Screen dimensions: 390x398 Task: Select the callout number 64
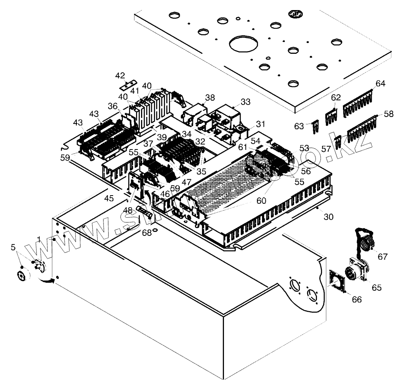tap(381, 84)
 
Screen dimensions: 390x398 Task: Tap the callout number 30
tap(328, 217)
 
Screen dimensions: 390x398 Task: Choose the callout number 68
tap(147, 232)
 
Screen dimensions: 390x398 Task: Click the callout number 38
tap(210, 98)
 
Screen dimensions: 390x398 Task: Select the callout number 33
tap(245, 102)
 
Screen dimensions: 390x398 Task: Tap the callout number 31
tap(260, 124)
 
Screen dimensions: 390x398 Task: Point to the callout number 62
tap(336, 97)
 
